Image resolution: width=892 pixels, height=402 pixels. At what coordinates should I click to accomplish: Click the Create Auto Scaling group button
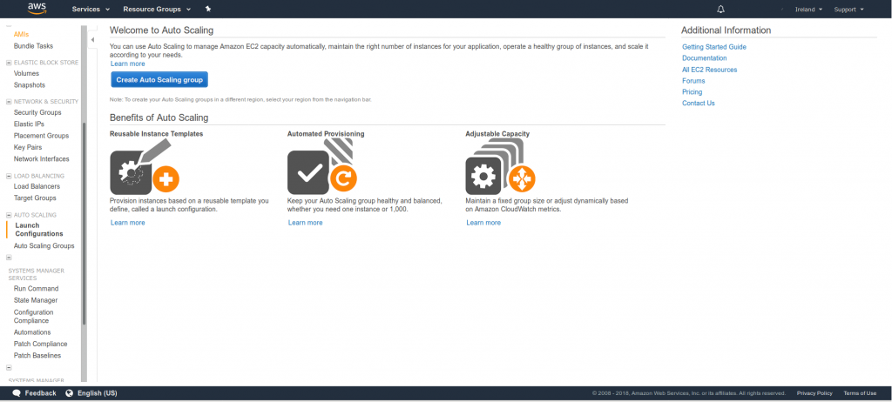coord(159,79)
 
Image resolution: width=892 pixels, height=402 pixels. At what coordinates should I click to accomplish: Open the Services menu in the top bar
coord(91,9)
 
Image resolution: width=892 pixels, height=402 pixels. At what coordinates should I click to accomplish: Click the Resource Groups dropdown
coord(157,9)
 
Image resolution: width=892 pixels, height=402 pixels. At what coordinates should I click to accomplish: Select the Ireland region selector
coord(808,9)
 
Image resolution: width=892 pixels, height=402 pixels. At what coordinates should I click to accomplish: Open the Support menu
coord(848,9)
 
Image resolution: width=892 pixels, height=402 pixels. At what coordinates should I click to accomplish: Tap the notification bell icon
coord(720,9)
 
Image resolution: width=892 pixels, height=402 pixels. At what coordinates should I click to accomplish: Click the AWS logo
coord(37,9)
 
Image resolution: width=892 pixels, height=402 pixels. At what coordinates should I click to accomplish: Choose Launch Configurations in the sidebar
coord(39,230)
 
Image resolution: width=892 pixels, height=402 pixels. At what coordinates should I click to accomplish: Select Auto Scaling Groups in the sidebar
coord(44,246)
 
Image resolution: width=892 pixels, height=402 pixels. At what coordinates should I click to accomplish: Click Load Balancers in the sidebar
coord(37,186)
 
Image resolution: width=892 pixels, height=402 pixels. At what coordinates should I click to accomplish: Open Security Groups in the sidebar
coord(37,112)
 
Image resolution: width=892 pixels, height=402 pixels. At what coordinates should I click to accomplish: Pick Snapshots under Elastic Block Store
coord(30,85)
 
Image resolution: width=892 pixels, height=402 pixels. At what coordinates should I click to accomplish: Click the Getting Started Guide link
coord(714,47)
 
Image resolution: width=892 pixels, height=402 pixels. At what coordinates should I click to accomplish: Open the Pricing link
coord(693,92)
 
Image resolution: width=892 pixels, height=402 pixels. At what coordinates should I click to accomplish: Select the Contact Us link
coord(699,104)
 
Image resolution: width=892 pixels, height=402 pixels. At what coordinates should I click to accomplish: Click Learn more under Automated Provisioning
coord(305,223)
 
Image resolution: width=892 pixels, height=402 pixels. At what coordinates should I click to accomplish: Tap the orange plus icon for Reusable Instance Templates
coord(166,181)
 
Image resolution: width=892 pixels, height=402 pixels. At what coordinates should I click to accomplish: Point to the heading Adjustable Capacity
coord(497,134)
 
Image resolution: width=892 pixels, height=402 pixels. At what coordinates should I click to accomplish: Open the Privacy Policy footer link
coord(814,393)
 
